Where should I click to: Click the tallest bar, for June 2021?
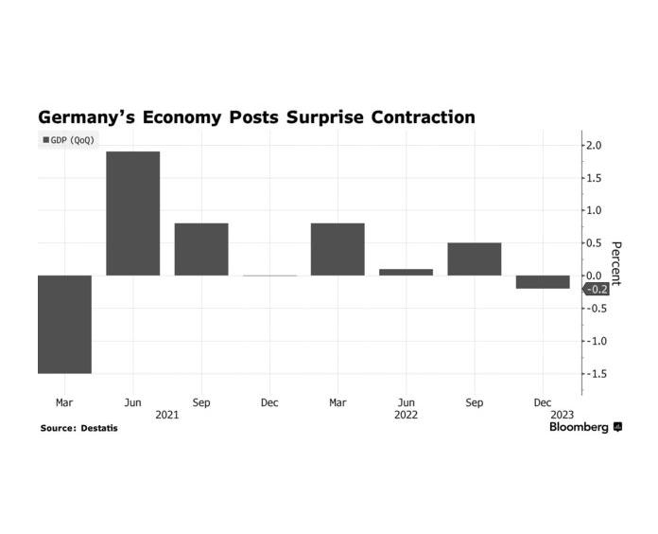pyautogui.click(x=132, y=213)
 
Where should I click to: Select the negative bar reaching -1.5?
pyautogui.click(x=64, y=324)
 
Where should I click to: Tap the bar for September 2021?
pyautogui.click(x=201, y=249)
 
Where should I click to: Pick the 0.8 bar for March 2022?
pyautogui.click(x=338, y=249)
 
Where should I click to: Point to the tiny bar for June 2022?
pyautogui.click(x=406, y=272)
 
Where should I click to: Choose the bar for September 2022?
pyautogui.click(x=474, y=258)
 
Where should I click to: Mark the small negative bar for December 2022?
pyautogui.click(x=543, y=281)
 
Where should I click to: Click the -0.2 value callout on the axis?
pyautogui.click(x=597, y=290)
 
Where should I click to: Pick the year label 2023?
pyautogui.click(x=562, y=415)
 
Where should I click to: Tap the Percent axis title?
pyautogui.click(x=616, y=263)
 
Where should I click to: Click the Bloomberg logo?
pyautogui.click(x=585, y=427)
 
